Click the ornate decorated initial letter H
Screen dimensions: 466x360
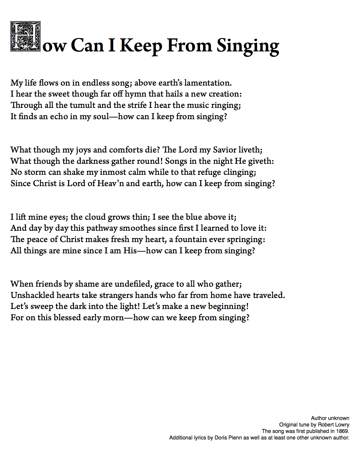pyautogui.click(x=25, y=36)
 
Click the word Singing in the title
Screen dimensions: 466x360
pyautogui.click(x=248, y=46)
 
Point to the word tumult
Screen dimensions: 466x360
pyautogui.click(x=82, y=105)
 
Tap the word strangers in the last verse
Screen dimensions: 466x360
pyautogui.click(x=116, y=295)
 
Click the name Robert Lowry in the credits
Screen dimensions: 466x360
pyautogui.click(x=333, y=425)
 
